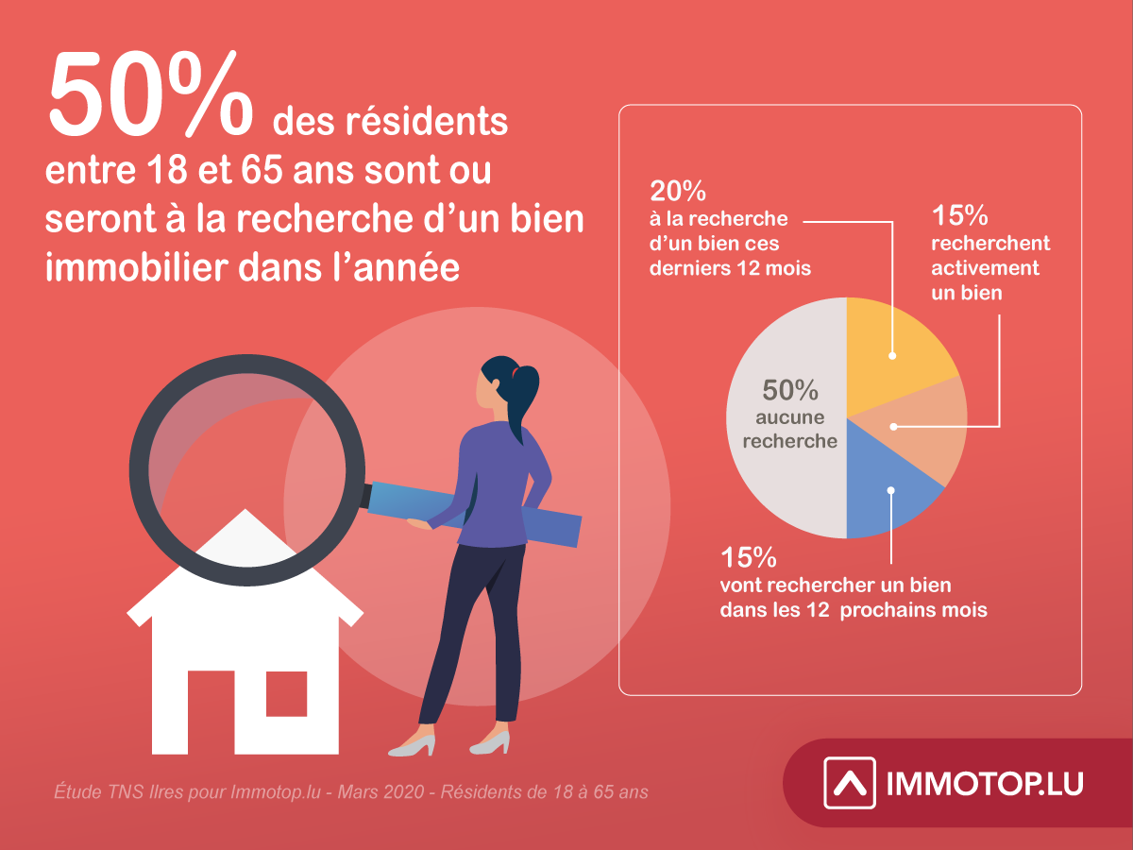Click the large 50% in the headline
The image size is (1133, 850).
pos(151,93)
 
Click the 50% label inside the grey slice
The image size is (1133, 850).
pos(790,390)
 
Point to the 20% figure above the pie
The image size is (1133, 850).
pos(678,191)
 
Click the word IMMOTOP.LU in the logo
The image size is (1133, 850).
pos(985,784)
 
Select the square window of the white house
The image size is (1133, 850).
pos(286,693)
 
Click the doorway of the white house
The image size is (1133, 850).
pos(211,712)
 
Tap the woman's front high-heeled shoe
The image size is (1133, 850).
pos(413,745)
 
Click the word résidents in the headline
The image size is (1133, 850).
pos(427,122)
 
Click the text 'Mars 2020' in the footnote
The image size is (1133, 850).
pos(380,791)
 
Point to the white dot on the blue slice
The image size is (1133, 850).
pos(891,491)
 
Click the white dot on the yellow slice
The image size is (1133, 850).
pos(892,356)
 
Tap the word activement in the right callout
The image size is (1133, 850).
pos(985,268)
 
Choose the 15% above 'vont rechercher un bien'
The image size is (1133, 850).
pos(749,557)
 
